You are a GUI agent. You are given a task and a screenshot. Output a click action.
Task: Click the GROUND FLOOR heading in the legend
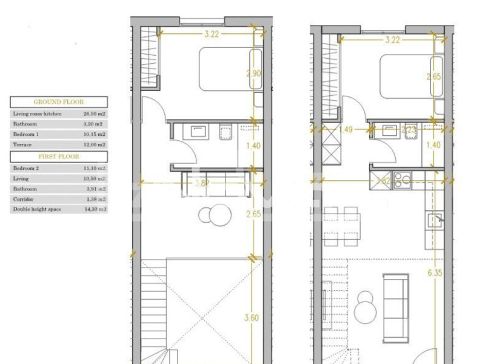(59, 102)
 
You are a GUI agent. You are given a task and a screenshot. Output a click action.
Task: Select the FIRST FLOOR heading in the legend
(59, 156)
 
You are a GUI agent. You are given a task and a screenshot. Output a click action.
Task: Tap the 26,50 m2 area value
(94, 113)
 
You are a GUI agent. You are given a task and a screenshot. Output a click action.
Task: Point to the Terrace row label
(22, 145)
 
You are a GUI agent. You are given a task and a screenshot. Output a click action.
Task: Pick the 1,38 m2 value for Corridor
(95, 199)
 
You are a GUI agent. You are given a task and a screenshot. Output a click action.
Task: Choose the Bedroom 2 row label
(26, 168)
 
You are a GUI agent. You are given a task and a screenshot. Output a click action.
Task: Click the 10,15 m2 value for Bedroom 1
(94, 134)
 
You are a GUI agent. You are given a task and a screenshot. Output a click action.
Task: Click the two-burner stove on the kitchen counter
(402, 181)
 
